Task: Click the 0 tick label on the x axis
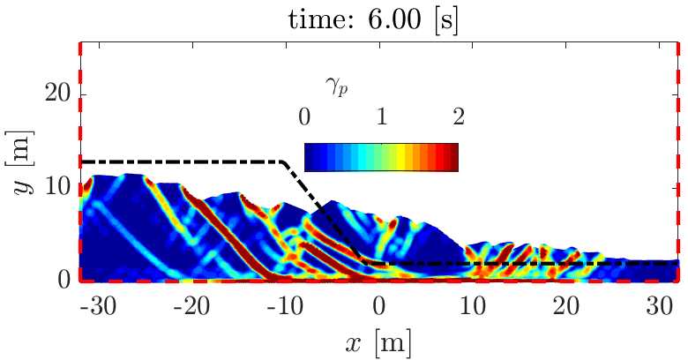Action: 380,306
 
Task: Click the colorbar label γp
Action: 333,84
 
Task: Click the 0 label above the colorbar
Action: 304,116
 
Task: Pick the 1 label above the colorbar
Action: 381,116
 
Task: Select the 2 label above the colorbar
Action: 457,116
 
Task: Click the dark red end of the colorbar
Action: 453,156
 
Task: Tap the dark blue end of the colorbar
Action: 309,156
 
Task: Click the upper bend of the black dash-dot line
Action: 284,162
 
